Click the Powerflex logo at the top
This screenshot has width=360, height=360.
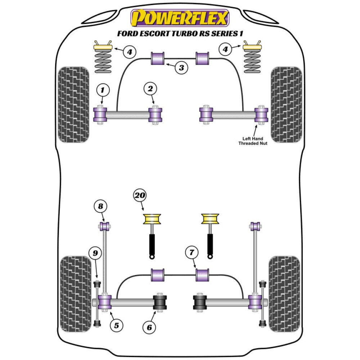click(180, 18)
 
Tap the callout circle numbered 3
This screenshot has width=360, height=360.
click(182, 67)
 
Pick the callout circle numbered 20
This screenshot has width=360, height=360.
click(140, 196)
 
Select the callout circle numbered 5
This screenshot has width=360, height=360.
click(116, 325)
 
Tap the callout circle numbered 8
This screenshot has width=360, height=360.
click(101, 206)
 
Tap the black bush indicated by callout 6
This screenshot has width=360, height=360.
click(161, 302)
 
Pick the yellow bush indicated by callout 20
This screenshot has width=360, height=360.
click(152, 219)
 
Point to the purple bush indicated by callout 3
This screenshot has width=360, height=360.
click(157, 59)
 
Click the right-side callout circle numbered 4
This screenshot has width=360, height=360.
click(226, 50)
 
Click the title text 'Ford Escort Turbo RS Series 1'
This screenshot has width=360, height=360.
click(180, 33)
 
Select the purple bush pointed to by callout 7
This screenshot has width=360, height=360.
click(203, 275)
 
